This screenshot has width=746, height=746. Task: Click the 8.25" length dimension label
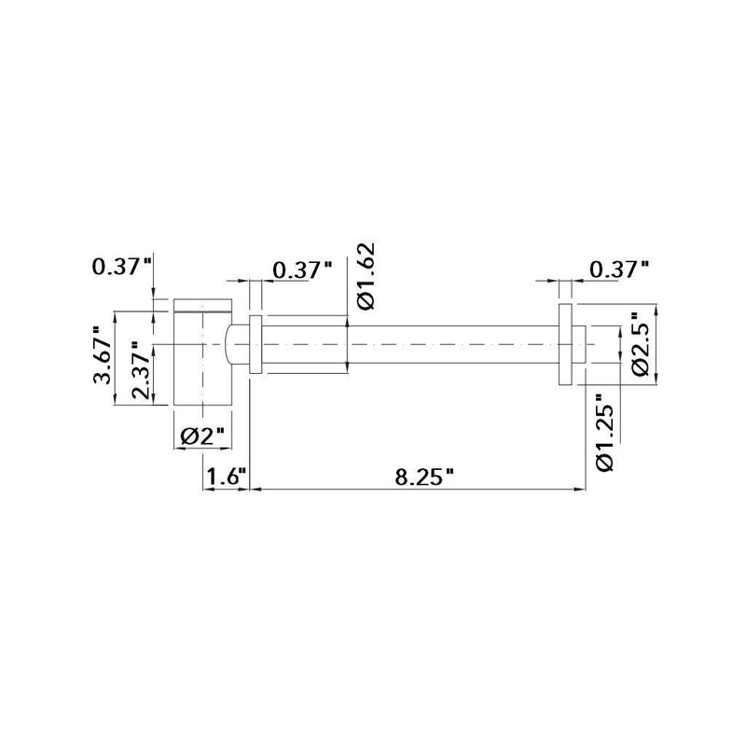click(x=423, y=477)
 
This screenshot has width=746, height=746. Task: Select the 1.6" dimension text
click(x=223, y=477)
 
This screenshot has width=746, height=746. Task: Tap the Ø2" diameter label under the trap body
click(x=202, y=435)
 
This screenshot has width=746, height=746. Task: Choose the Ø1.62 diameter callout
click(x=365, y=277)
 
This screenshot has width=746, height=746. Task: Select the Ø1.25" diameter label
click(x=602, y=436)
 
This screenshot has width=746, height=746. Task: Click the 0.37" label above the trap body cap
click(x=121, y=267)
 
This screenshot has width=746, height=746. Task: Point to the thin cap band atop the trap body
click(x=201, y=304)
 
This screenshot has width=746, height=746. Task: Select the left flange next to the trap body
click(x=256, y=344)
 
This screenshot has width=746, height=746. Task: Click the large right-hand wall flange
click(x=565, y=344)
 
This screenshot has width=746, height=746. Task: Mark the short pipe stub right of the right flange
click(x=580, y=344)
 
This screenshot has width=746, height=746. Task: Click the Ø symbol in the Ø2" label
click(x=186, y=435)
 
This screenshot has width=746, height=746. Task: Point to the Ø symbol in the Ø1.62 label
click(x=365, y=300)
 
